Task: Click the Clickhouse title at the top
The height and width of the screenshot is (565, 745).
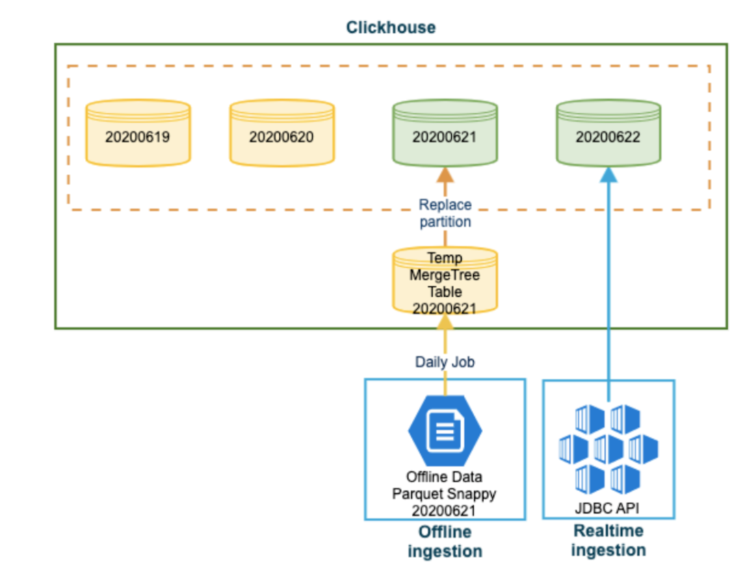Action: (x=391, y=27)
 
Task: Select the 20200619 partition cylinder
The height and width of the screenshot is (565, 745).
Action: (x=138, y=133)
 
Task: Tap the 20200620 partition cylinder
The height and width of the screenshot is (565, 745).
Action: (x=283, y=133)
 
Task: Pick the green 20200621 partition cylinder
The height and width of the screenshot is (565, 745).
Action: (x=445, y=133)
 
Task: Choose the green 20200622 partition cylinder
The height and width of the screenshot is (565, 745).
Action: (x=609, y=133)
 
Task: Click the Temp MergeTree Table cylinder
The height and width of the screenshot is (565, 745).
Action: (x=445, y=281)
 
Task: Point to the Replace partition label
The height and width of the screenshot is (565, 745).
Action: (x=445, y=213)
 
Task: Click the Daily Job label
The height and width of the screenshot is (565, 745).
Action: (x=445, y=362)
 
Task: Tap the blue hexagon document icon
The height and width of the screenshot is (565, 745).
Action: (x=445, y=431)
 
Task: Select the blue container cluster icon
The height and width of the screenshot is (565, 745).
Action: (x=609, y=449)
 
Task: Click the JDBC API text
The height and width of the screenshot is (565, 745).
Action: (x=607, y=508)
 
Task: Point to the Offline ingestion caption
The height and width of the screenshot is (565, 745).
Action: (x=445, y=541)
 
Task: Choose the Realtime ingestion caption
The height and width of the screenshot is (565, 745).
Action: (x=609, y=540)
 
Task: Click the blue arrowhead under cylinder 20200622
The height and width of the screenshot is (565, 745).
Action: (x=609, y=174)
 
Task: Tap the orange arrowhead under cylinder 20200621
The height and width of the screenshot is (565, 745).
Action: (x=445, y=174)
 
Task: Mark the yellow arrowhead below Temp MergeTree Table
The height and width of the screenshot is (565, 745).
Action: (x=445, y=321)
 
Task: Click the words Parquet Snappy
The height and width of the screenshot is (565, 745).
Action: (x=444, y=494)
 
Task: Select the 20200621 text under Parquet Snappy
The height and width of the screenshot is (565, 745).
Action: (x=444, y=511)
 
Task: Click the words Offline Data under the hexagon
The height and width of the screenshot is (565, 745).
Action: (x=444, y=477)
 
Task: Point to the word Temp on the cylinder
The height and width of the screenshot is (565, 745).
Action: (x=445, y=258)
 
